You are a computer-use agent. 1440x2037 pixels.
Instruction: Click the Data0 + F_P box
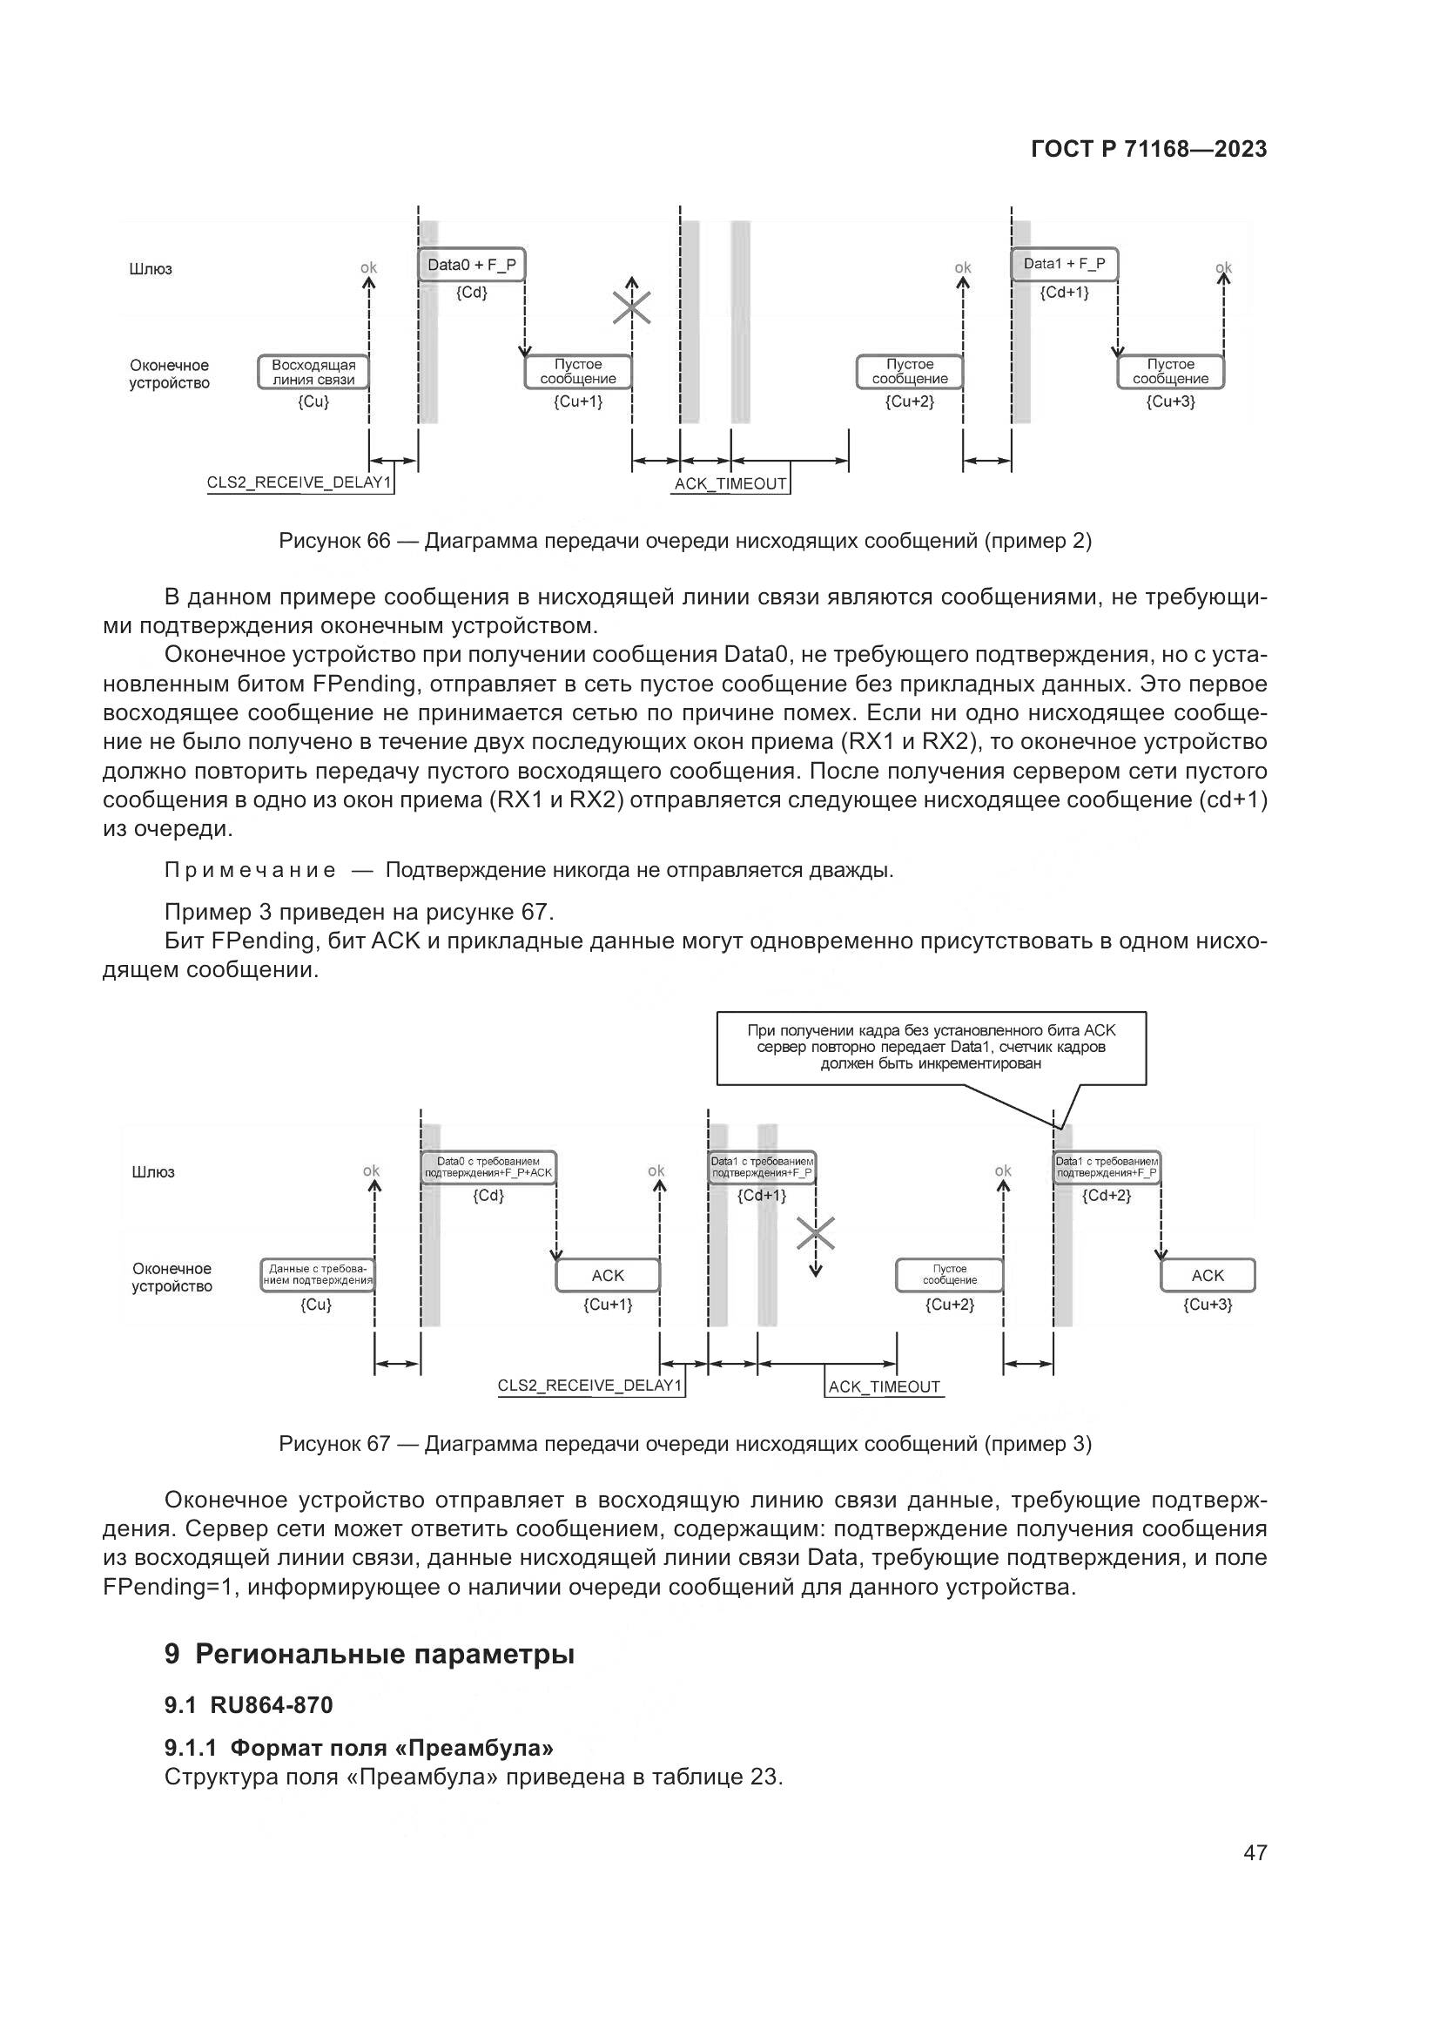471,265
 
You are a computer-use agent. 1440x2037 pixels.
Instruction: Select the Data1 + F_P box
1064,265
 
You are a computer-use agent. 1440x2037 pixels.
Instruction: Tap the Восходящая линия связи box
313,372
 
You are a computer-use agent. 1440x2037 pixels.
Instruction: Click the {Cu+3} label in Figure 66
1170,401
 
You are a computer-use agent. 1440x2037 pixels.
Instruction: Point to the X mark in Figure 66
631,307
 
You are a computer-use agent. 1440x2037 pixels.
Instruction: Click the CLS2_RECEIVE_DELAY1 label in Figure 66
299,483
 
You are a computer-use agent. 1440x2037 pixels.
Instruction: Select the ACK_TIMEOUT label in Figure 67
884,1386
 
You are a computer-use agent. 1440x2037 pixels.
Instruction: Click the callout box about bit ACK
931,1047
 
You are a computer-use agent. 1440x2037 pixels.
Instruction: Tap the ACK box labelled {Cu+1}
608,1275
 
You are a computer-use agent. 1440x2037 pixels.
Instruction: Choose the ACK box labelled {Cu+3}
1208,1275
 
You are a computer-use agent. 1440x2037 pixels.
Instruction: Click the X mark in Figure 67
816,1232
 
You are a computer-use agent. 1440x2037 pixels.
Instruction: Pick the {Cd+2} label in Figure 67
1107,1195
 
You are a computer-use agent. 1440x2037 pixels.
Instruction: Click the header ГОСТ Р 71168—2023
1149,149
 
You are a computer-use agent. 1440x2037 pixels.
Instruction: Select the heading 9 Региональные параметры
370,1655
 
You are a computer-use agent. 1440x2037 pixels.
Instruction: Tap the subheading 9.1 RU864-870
248,1704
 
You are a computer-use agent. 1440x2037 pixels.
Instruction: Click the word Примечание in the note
250,870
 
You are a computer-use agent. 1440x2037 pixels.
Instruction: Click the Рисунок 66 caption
684,540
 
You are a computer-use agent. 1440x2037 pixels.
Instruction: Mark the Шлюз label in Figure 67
153,1172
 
